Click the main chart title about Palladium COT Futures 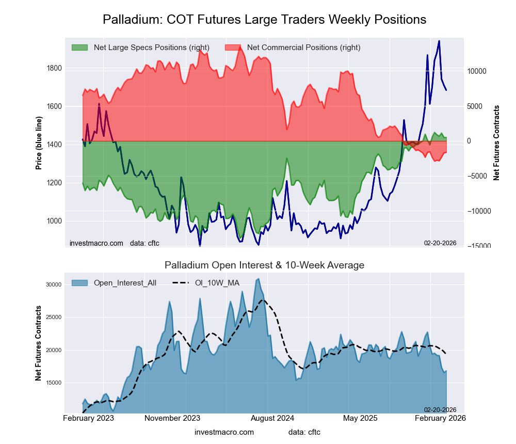(x=264, y=20)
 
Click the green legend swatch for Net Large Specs (x=79, y=47)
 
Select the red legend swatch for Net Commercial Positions (x=233, y=47)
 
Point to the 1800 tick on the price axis (x=55, y=68)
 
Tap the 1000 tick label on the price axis (x=55, y=221)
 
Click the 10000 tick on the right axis (x=477, y=71)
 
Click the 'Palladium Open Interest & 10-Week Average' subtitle (x=264, y=265)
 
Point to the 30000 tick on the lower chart (x=53, y=284)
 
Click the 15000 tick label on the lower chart (x=53, y=383)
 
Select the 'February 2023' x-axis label (x=88, y=418)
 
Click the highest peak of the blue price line (x=439, y=41)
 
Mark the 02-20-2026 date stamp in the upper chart (x=440, y=243)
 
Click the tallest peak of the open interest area (x=258, y=279)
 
